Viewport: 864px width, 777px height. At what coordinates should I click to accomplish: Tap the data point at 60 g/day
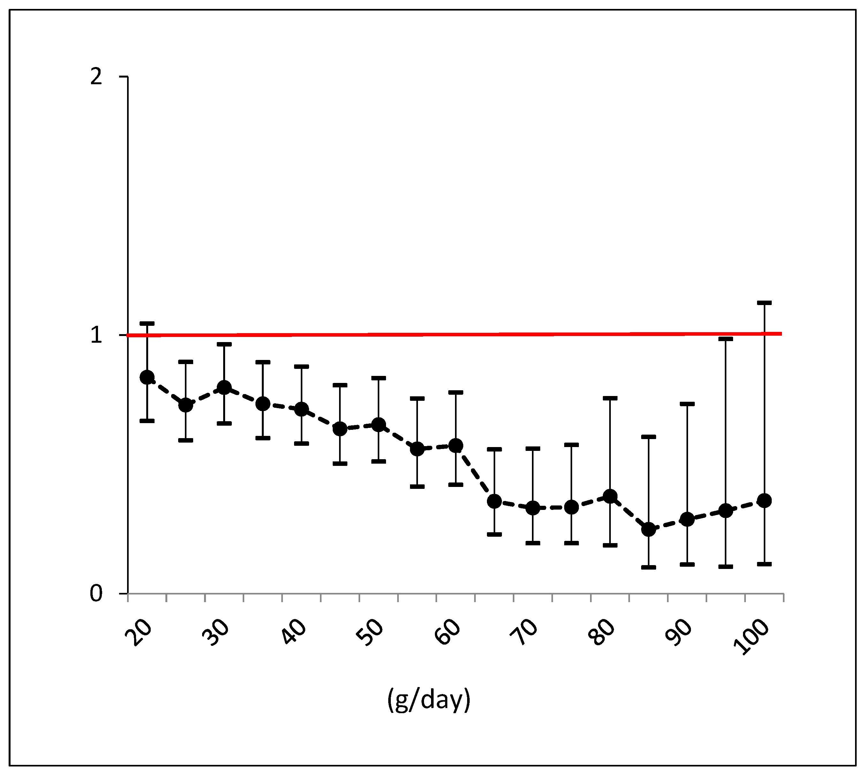(456, 446)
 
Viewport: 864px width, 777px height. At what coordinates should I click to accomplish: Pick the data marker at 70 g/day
(533, 508)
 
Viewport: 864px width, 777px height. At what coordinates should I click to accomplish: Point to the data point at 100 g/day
(764, 500)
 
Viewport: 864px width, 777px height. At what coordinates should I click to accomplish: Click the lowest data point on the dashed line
(648, 530)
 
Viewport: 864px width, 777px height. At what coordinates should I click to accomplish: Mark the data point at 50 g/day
(378, 425)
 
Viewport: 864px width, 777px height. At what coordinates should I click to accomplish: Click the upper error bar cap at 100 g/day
(764, 303)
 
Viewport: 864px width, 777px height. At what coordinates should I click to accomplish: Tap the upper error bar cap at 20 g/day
(147, 324)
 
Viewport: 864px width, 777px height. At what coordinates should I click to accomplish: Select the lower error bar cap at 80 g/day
(610, 545)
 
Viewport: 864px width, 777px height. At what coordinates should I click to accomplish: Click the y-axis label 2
(96, 77)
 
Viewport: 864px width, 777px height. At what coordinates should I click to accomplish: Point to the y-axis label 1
(96, 335)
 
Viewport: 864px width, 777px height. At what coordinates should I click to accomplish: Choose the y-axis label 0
(96, 594)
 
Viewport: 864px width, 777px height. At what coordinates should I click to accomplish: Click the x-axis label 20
(139, 632)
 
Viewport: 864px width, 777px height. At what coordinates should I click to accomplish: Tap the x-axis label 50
(370, 632)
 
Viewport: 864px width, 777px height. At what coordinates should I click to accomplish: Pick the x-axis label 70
(525, 632)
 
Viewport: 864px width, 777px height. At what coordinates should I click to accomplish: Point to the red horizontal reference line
(427, 335)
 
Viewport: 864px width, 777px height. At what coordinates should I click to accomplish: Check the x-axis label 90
(679, 632)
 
